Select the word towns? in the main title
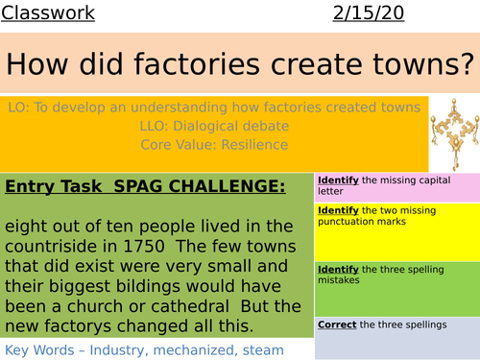coord(412,66)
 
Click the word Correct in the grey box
coord(337,324)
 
